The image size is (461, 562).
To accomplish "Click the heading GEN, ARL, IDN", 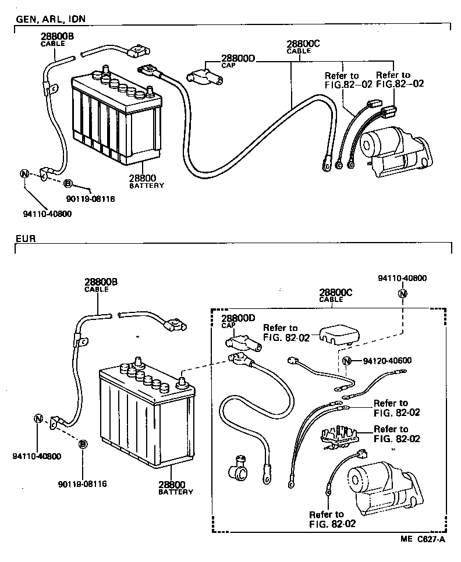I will point(51,19).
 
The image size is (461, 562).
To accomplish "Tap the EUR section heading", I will point(26,239).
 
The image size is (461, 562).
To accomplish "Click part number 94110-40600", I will point(402,279).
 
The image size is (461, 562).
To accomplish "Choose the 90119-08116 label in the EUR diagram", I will point(83,483).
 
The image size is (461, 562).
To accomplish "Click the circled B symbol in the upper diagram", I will point(68,184).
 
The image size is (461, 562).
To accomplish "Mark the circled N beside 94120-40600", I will point(346,361).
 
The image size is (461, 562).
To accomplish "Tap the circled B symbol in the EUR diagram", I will point(83,444).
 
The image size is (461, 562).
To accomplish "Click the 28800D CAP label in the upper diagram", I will point(238,61).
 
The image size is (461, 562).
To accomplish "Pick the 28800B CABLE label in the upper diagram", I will point(58,39).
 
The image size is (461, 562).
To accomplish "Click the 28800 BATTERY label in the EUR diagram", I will point(175,488).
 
